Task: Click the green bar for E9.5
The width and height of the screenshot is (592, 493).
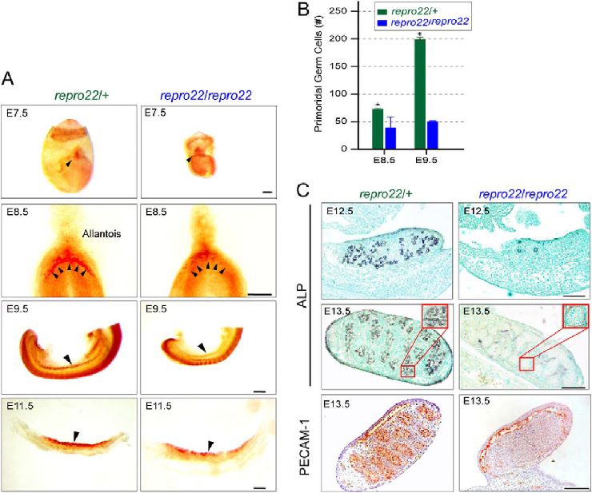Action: [419, 93]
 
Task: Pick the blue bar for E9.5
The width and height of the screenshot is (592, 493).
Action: [432, 134]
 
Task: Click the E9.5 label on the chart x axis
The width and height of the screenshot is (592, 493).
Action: [426, 160]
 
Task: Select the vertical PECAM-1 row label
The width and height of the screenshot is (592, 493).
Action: [305, 441]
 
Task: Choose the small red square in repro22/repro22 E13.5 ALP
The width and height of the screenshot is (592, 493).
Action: [526, 364]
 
